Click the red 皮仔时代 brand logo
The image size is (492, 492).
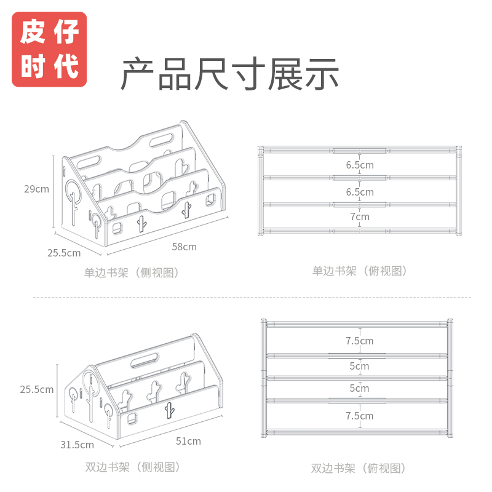49,49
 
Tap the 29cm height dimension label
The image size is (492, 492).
36,189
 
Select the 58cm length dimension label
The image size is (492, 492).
184,247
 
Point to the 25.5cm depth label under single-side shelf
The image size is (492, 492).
65,253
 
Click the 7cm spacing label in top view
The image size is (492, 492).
360,216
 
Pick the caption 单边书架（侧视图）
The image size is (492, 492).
132,272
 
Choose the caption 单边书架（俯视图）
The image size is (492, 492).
360,271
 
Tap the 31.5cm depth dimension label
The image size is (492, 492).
77,445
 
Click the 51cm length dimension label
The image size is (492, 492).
188,441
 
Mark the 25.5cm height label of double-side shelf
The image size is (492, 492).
36,389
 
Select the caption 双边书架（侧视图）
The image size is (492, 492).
132,467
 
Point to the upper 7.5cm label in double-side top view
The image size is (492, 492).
360,341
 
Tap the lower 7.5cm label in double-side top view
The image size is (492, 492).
360,416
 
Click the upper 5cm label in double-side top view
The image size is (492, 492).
360,366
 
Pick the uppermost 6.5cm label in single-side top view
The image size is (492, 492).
360,165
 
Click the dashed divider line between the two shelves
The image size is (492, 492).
246,298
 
